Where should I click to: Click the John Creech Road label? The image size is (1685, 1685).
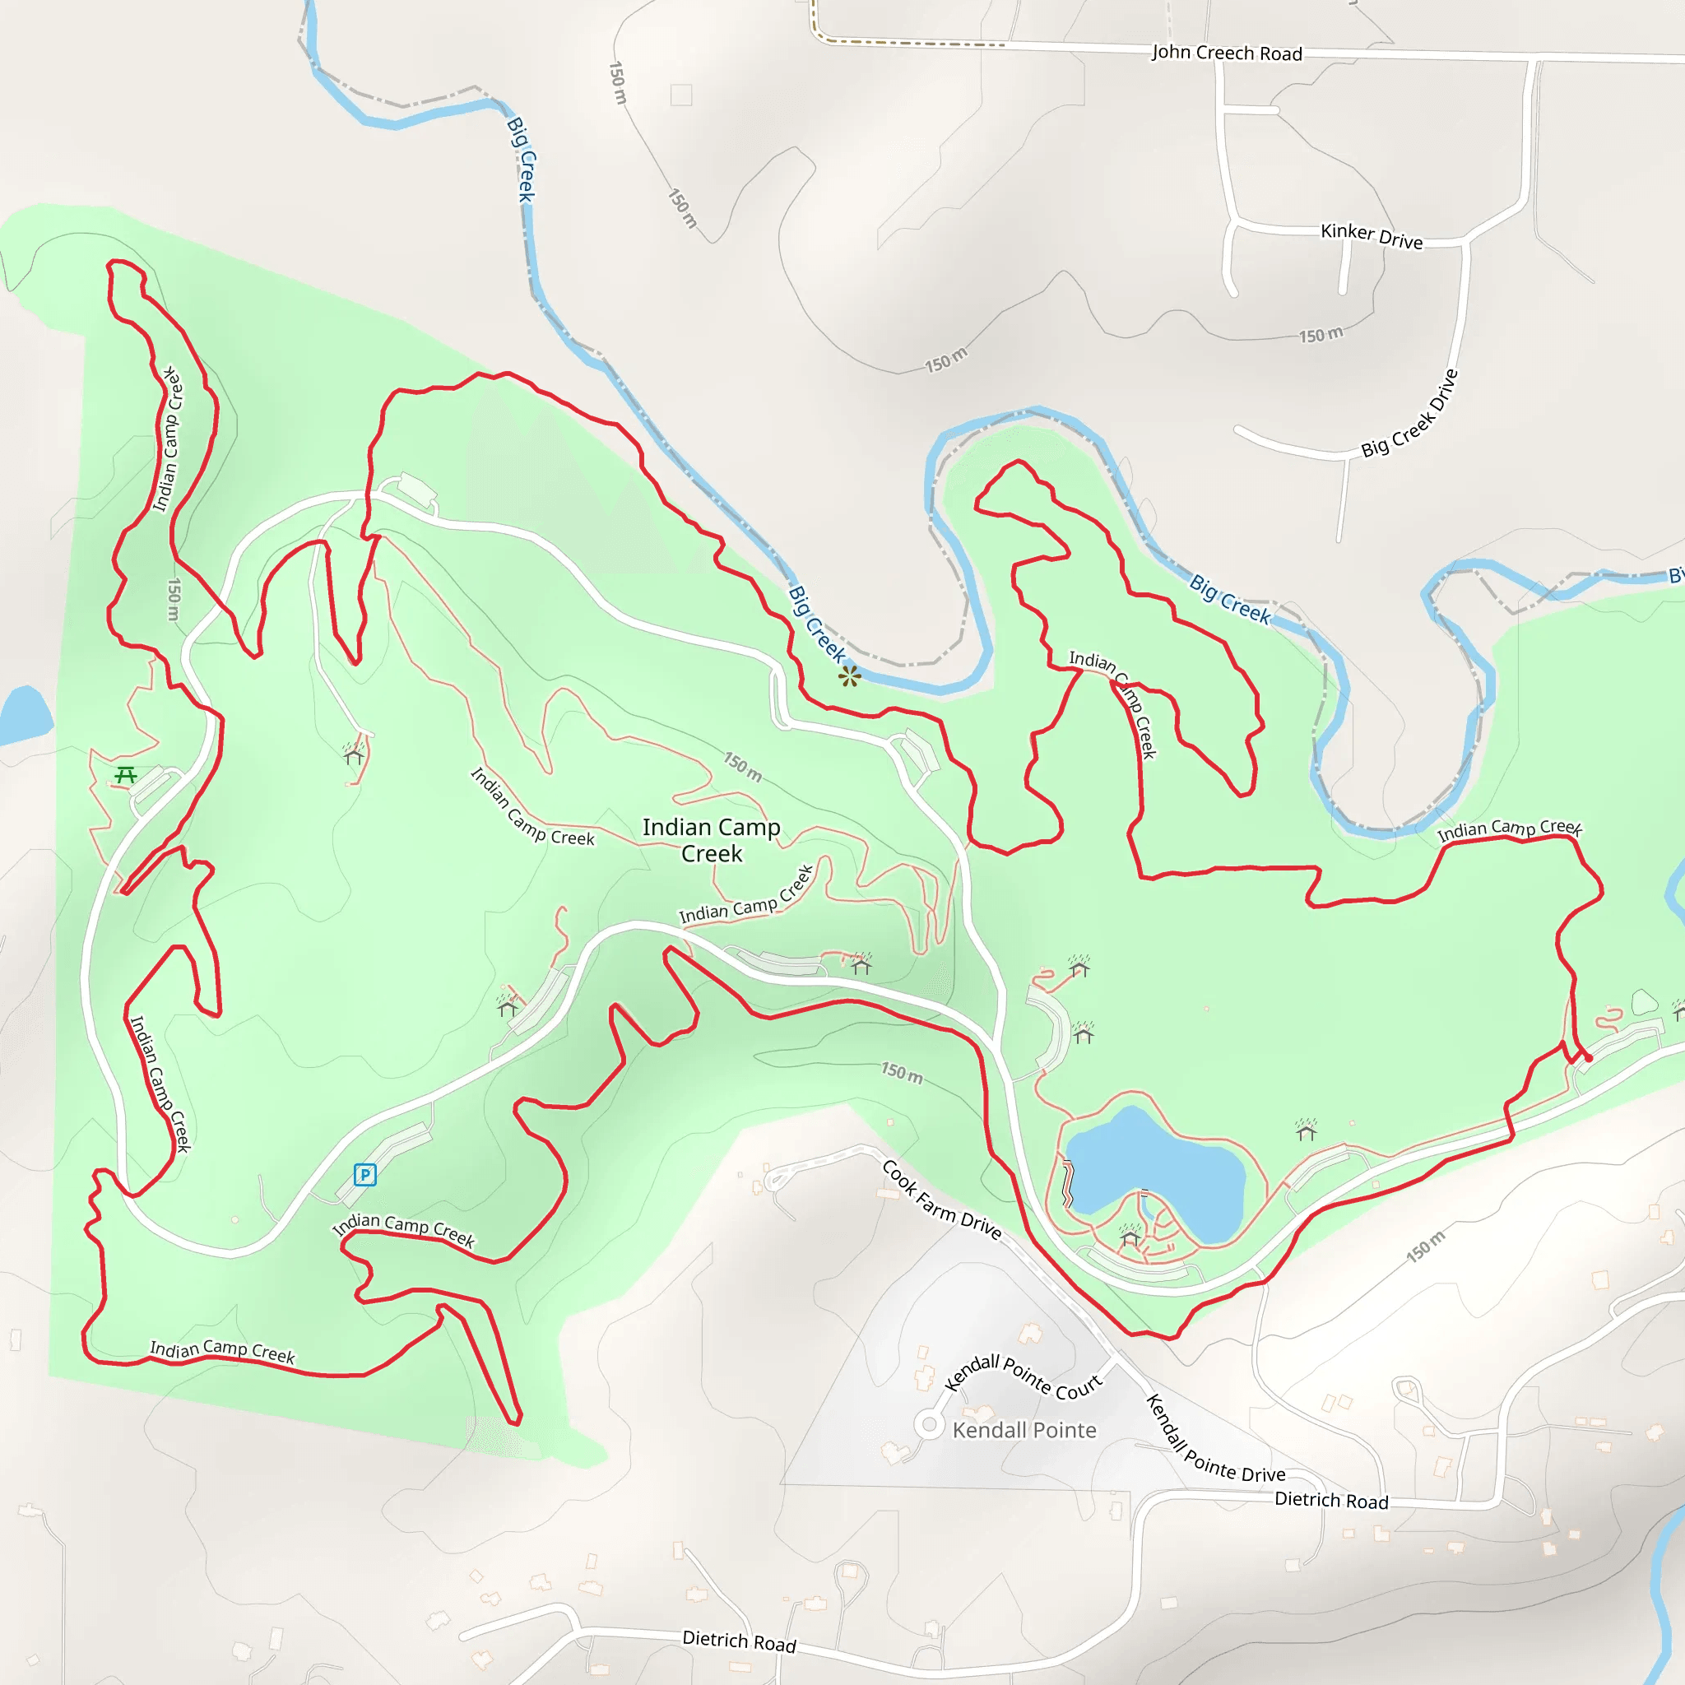(x=1226, y=53)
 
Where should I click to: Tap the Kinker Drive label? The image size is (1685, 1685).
(x=1371, y=235)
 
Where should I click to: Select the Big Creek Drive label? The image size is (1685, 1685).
(x=1409, y=413)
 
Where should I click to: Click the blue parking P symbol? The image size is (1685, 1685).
(x=364, y=1175)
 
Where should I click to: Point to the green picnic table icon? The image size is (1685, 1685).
(x=126, y=774)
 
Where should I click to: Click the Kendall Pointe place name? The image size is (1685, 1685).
(x=1024, y=1430)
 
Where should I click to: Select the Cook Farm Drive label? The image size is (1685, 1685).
(x=941, y=1200)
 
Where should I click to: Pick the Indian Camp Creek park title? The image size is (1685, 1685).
(x=711, y=840)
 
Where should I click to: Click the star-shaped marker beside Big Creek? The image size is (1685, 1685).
(x=849, y=676)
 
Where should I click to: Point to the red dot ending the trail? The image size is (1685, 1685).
(x=1588, y=1058)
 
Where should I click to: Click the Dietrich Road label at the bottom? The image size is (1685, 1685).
(x=739, y=1641)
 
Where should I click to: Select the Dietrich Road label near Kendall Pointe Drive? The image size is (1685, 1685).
(x=1331, y=1500)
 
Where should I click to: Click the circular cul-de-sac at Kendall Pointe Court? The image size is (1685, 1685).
(x=929, y=1426)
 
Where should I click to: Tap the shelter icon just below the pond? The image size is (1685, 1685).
(x=1130, y=1237)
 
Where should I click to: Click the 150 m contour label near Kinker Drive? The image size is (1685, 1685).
(x=1321, y=335)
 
